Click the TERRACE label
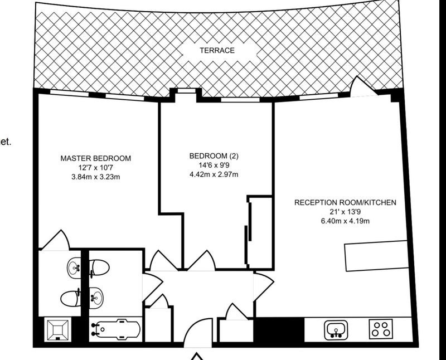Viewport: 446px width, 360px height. [x=217, y=50]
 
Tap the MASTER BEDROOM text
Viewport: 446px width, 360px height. [x=95, y=158]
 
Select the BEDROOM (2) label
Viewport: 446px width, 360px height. [x=214, y=156]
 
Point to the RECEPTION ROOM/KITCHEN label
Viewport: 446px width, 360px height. [x=345, y=202]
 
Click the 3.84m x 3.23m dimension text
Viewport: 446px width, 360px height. [x=95, y=177]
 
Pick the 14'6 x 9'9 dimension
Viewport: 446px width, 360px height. [x=214, y=165]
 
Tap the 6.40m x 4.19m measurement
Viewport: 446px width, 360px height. [x=345, y=221]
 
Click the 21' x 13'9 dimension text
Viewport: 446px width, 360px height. [x=345, y=212]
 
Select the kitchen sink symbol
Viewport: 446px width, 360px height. [x=336, y=329]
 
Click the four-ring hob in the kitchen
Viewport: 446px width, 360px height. [x=381, y=329]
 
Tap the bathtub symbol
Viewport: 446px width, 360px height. [x=115, y=329]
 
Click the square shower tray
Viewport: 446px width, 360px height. [x=58, y=330]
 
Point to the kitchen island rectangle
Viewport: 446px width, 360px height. [x=376, y=256]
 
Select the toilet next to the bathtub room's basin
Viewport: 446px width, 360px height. [x=99, y=267]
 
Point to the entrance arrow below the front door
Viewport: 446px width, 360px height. [x=197, y=356]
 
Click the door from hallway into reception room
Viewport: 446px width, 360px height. [x=264, y=286]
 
